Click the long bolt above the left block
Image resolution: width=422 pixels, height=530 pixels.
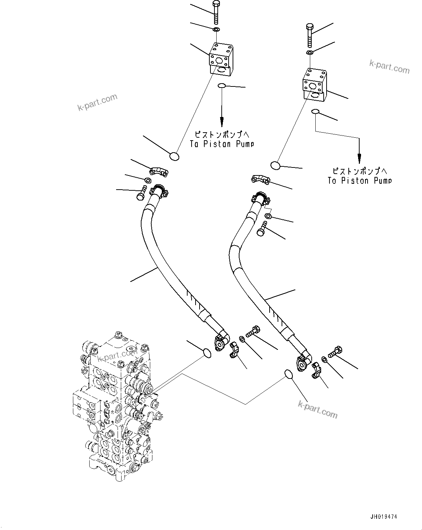[216, 12]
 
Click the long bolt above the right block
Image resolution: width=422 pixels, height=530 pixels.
[310, 35]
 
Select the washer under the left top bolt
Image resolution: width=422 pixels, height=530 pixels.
[216, 29]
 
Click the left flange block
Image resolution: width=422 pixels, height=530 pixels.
[221, 59]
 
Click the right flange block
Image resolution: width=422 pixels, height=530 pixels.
[315, 86]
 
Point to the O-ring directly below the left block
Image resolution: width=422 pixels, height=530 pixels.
[222, 86]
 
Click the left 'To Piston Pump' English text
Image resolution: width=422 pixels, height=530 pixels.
[221, 144]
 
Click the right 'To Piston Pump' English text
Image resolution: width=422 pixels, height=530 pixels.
[360, 181]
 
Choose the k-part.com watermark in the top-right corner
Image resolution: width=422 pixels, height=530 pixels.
[389, 66]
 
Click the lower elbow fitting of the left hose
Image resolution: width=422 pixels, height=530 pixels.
[220, 341]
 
